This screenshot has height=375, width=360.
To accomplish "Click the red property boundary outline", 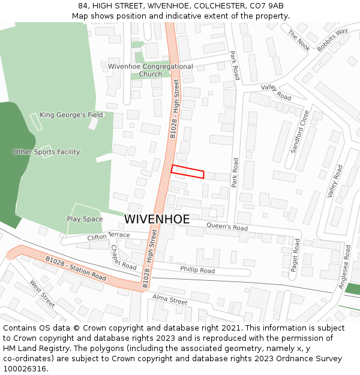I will point(187,172).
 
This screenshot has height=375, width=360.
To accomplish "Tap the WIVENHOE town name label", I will point(157,219).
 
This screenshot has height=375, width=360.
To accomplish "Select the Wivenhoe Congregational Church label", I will point(151,70).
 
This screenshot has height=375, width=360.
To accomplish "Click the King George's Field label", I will point(71,115).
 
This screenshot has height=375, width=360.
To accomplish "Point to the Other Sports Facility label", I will point(46,152).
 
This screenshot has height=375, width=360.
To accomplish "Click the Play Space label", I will point(85,219).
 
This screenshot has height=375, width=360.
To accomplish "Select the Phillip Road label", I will point(197,270).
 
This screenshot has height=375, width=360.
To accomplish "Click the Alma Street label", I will point(170,299).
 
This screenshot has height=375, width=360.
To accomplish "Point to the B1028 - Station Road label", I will point(76,268).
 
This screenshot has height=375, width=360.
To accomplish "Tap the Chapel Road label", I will point(124,257).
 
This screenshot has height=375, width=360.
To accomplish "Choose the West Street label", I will point(43,294).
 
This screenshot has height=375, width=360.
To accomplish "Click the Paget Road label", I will point(295,255).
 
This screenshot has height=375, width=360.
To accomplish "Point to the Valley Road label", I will point(335,181).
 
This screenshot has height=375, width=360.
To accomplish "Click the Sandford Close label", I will point(300,131).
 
